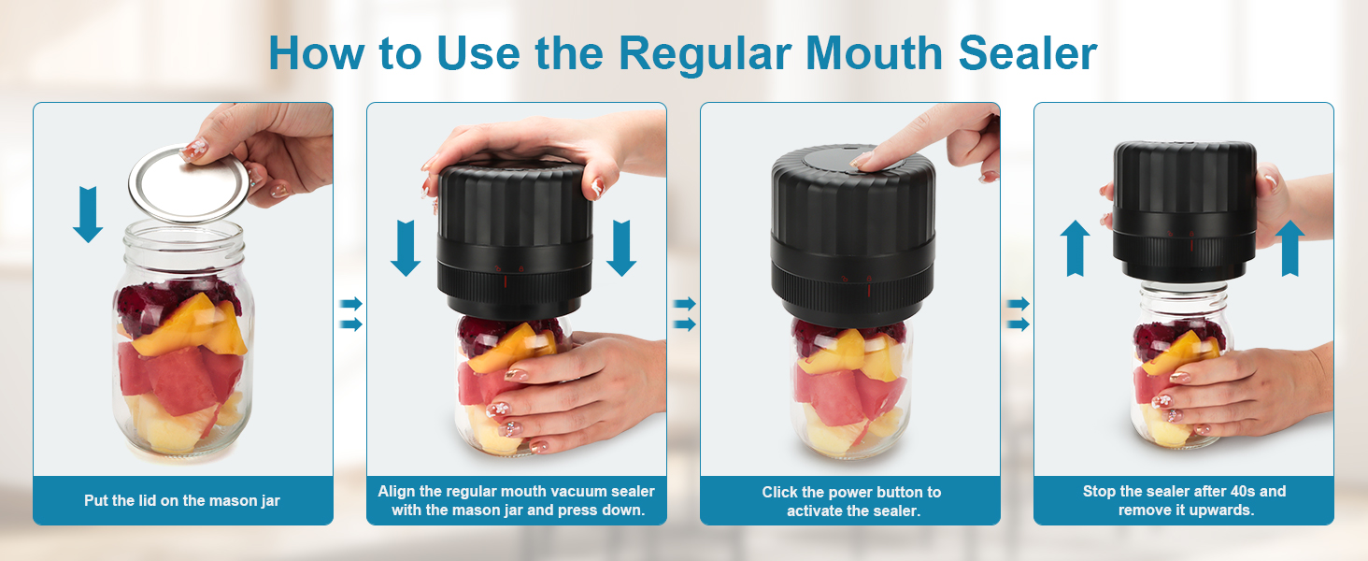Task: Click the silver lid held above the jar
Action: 188,183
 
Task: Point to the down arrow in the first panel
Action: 88,214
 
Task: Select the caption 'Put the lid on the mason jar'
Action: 182,500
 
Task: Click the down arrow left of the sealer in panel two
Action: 405,247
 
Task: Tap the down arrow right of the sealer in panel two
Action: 621,247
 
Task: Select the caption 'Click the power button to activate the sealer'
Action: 850,501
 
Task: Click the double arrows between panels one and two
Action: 349,314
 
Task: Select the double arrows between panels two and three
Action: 684,314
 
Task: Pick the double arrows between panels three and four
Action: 1017,314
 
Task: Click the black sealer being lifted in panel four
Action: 1185,210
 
